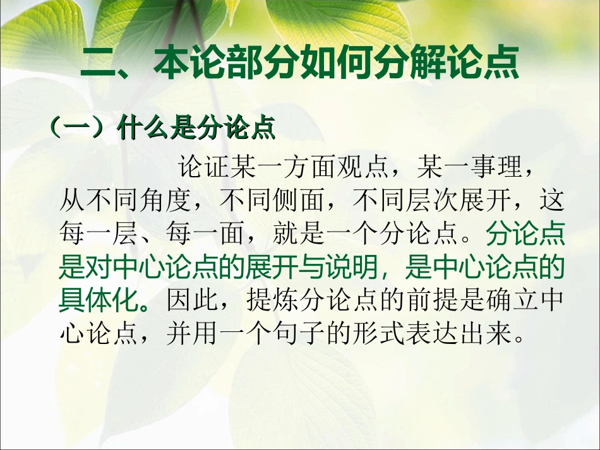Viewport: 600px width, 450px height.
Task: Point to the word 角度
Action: point(169,203)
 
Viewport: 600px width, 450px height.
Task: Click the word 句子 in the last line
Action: point(305,335)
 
